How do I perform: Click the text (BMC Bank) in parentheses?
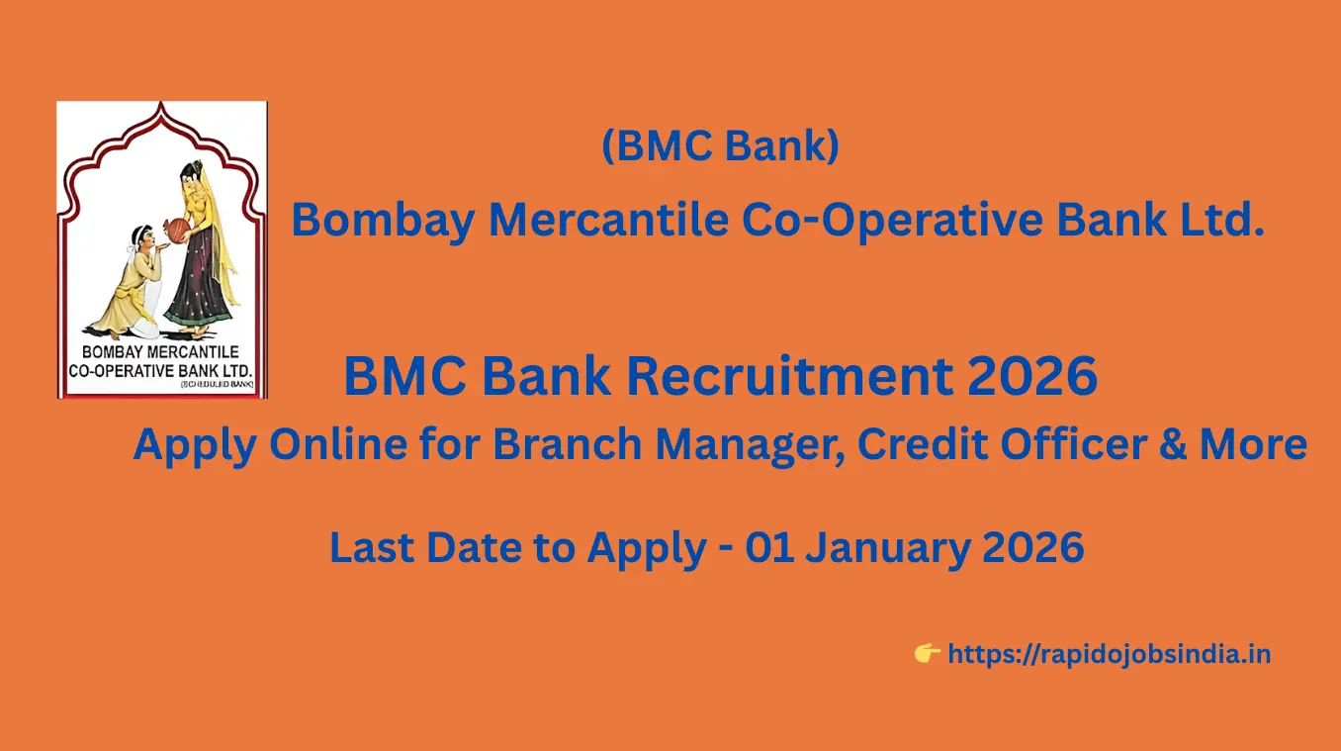pyautogui.click(x=721, y=146)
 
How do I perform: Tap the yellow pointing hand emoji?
pyautogui.click(x=927, y=653)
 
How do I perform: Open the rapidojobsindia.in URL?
pyautogui.click(x=1109, y=654)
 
